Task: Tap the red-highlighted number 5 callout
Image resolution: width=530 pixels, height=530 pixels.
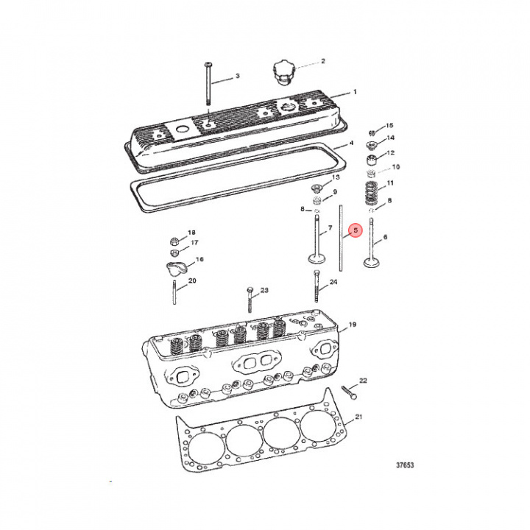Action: [x=355, y=230]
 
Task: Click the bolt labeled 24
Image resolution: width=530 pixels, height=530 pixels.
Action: [x=317, y=287]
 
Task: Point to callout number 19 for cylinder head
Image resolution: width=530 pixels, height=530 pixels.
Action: [x=352, y=325]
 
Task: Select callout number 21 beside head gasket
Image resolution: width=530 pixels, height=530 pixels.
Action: [x=359, y=418]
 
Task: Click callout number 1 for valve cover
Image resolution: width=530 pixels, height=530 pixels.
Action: [x=354, y=92]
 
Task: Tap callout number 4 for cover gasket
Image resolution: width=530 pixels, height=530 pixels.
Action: [x=352, y=143]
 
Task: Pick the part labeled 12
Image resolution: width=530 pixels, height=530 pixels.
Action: [x=373, y=160]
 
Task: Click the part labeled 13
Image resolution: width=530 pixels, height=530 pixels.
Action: [x=317, y=185]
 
